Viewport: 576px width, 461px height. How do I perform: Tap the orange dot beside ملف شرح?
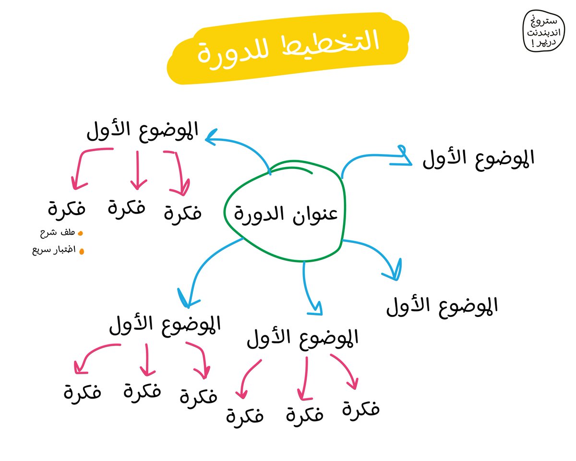80,233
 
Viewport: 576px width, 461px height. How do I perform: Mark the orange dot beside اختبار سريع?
81,251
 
